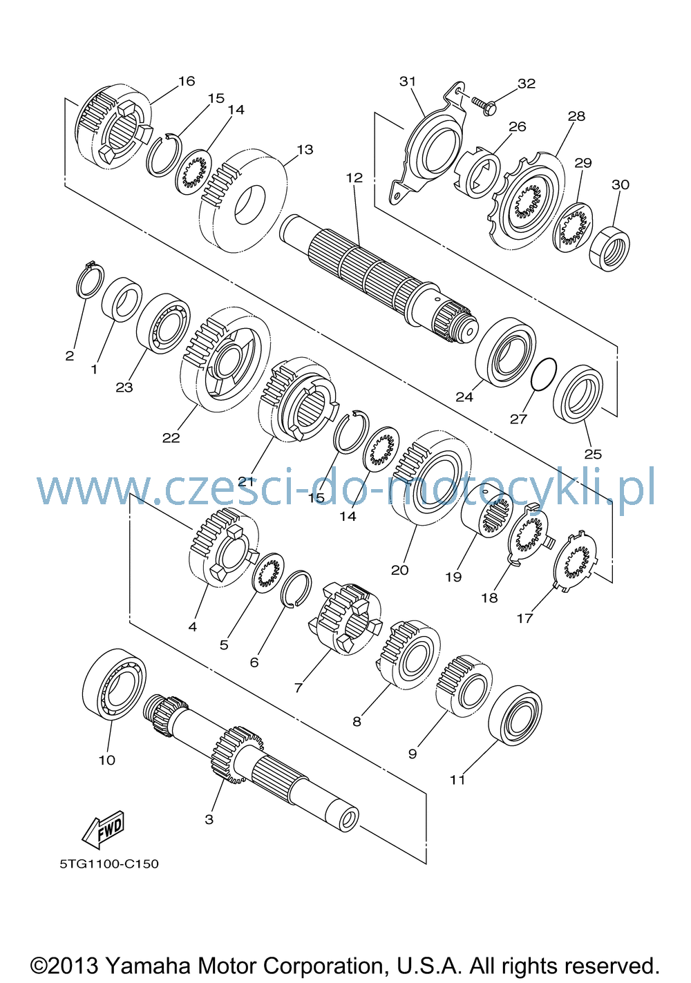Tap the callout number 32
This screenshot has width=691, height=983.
pyautogui.click(x=527, y=84)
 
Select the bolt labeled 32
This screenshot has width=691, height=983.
pyautogui.click(x=484, y=104)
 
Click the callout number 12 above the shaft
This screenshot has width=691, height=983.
pyautogui.click(x=354, y=178)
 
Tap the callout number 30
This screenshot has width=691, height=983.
pyautogui.click(x=621, y=184)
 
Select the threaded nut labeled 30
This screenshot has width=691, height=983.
pyautogui.click(x=609, y=249)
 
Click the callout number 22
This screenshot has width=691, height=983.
pyautogui.click(x=171, y=437)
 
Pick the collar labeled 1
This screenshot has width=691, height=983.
pyautogui.click(x=122, y=299)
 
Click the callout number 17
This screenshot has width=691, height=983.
pyautogui.click(x=524, y=618)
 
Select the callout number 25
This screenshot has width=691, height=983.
pyautogui.click(x=593, y=454)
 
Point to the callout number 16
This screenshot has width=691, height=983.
pyautogui.click(x=186, y=82)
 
